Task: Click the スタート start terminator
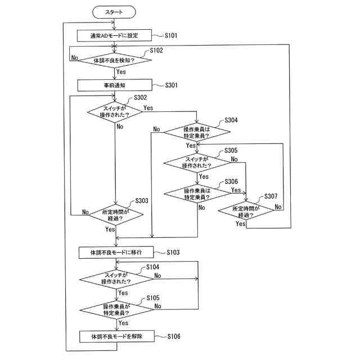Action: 114,12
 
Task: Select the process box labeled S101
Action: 114,35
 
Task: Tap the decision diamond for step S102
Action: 115,60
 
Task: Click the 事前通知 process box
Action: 115,85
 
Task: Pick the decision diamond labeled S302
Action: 115,112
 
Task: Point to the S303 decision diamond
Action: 116,215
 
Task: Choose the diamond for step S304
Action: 197,132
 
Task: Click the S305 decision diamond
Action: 197,163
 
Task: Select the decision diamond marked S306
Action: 197,193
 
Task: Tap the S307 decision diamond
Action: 246,211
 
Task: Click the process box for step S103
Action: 116,253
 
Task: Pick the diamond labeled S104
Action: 116,279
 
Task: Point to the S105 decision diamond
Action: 116,310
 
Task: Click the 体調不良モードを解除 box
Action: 117,336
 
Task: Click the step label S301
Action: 171,85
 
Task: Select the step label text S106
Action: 174,336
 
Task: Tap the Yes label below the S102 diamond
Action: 121,72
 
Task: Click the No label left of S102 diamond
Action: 75,57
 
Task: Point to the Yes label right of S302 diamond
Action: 148,107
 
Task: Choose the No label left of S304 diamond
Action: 156,129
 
